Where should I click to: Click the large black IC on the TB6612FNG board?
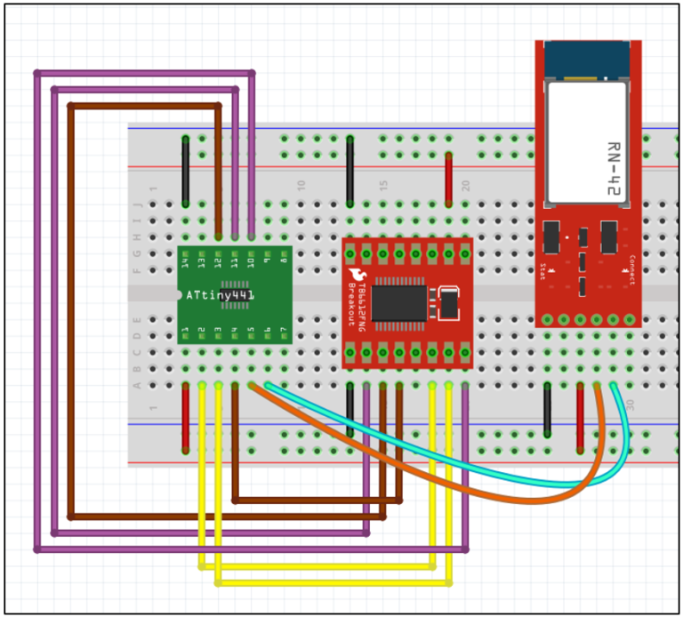pyautogui.click(x=399, y=300)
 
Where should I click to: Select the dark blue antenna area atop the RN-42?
pyautogui.click(x=588, y=60)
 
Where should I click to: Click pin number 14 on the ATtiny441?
pyautogui.click(x=185, y=261)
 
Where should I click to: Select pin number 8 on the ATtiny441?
pyautogui.click(x=283, y=261)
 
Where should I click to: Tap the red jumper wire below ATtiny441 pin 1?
pyautogui.click(x=185, y=418)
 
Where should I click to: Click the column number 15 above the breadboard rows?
pyautogui.click(x=384, y=185)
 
